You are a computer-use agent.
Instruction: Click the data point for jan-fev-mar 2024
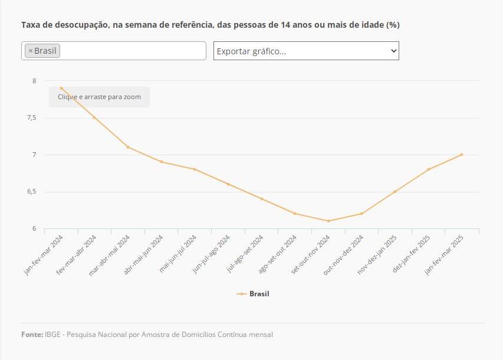[61, 88]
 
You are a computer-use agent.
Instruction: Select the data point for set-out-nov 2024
[328, 221]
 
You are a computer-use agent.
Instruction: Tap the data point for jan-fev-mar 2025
[462, 155]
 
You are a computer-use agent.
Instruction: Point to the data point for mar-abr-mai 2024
[128, 147]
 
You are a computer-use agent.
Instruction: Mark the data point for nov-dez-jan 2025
[395, 192]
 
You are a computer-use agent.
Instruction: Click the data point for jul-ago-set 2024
[261, 199]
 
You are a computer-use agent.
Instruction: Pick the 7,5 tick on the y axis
[32, 118]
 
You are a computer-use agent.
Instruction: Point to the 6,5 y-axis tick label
[32, 192]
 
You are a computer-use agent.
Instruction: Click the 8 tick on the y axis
[34, 81]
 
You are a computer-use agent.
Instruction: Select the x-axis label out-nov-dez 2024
[344, 254]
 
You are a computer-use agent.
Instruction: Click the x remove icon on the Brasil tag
[31, 51]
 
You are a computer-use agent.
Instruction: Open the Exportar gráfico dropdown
[306, 51]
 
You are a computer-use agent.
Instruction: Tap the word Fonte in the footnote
[31, 335]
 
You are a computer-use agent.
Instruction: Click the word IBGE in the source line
[52, 335]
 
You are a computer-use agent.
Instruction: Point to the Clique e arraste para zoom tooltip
[99, 97]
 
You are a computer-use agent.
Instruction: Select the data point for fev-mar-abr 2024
[94, 117]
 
